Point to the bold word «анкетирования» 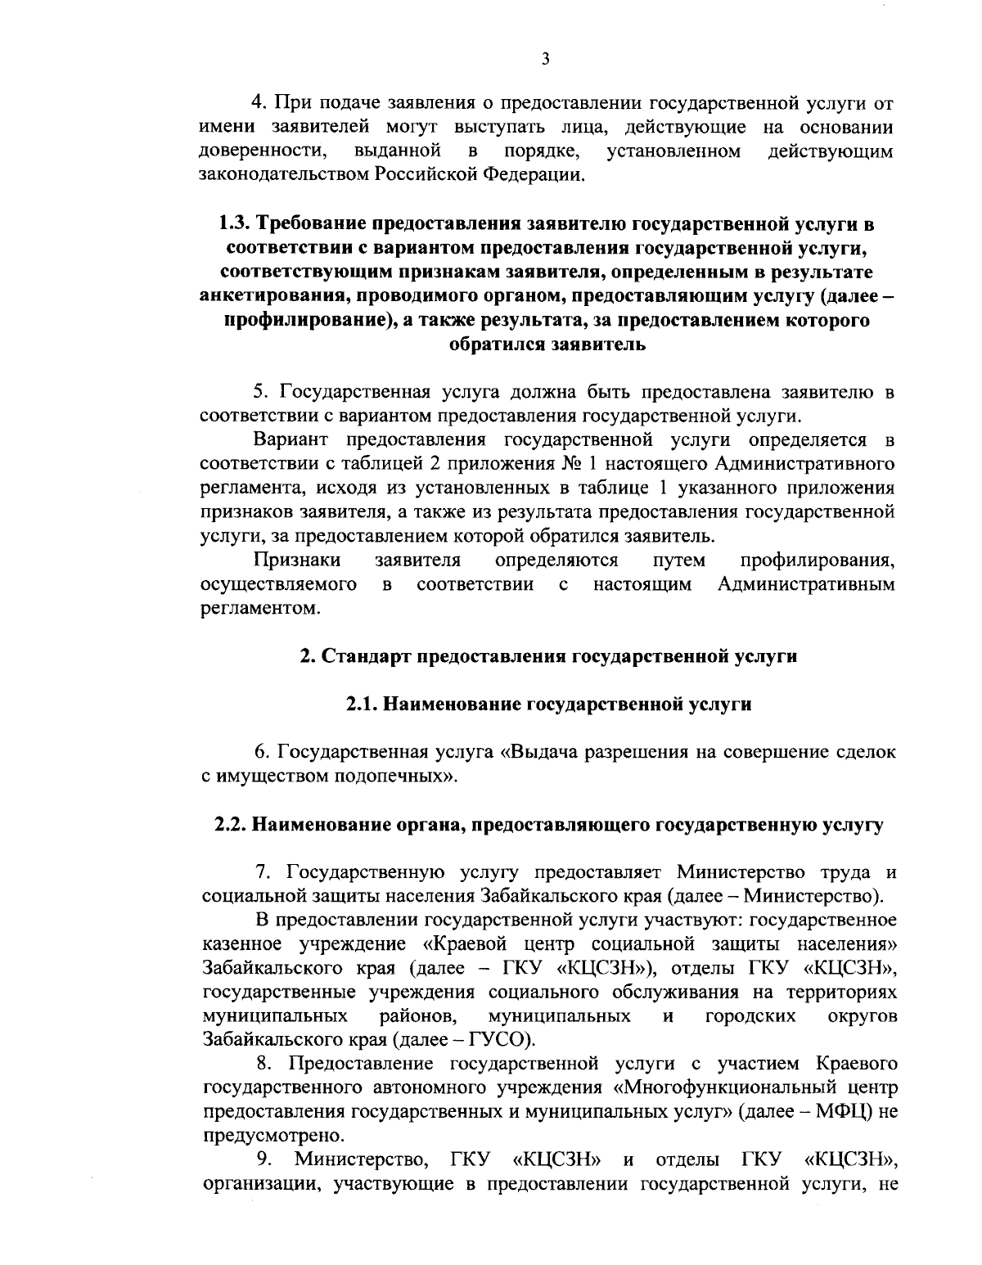coord(284,296)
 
